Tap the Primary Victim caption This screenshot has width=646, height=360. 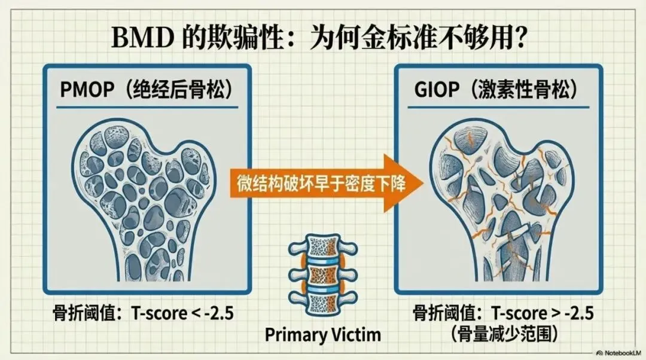coord(322,334)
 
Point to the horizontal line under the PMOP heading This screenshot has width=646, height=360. coord(147,108)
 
